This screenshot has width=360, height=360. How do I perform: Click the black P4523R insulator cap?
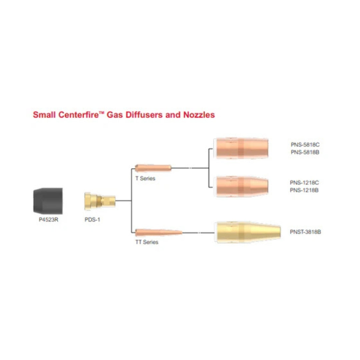tap(48, 201)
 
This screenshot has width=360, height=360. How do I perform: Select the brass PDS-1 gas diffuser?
tap(100, 201)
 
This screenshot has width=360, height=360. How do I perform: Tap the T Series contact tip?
tap(153, 168)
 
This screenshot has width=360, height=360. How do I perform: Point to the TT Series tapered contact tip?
tap(159, 233)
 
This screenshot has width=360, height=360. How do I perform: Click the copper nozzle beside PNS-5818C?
tap(241, 148)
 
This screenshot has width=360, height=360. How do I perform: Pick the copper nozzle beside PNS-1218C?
tap(241, 186)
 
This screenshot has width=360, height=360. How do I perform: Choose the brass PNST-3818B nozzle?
tap(247, 232)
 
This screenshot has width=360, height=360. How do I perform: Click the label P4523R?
tap(48, 220)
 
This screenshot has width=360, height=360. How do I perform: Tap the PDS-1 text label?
tap(92, 220)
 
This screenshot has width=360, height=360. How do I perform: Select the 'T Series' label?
tap(145, 178)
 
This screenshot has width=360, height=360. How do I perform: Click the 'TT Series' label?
tap(147, 242)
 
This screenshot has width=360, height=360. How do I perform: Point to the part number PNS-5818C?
tap(305, 145)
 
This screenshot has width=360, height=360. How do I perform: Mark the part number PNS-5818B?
tap(305, 152)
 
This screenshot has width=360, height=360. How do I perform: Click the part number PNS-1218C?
tap(304, 183)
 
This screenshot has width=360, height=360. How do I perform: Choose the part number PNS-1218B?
tap(304, 190)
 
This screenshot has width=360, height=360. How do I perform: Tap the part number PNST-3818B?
tap(305, 232)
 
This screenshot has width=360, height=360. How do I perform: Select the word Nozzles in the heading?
tap(199, 115)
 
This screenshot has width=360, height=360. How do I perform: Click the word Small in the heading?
tap(44, 115)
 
